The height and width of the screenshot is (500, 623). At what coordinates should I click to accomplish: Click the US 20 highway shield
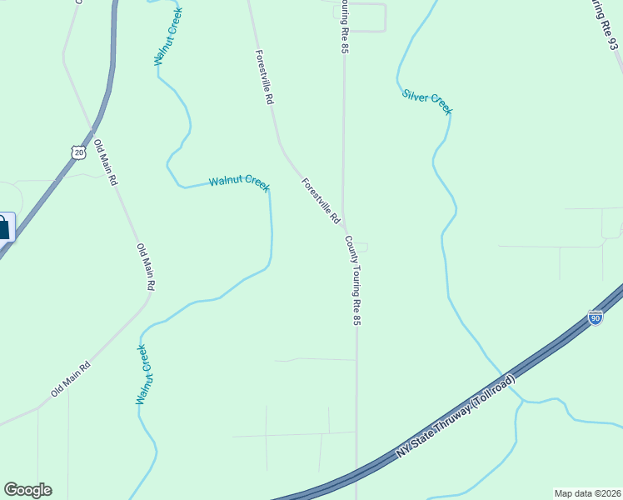[77, 152]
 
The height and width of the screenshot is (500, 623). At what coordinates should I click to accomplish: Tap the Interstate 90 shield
[594, 317]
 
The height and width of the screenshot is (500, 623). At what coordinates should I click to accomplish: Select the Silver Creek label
[426, 102]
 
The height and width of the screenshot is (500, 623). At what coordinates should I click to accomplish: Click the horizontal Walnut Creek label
[239, 182]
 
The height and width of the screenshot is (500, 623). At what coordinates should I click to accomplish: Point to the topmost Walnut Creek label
[167, 37]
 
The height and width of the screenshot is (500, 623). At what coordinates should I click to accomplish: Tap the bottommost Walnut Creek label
[143, 374]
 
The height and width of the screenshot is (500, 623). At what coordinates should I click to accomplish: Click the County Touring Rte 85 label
[354, 280]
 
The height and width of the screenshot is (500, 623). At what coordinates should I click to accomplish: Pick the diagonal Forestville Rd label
[321, 201]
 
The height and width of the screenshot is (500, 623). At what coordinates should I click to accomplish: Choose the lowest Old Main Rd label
[71, 378]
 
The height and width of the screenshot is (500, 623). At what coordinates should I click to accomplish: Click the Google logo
[27, 490]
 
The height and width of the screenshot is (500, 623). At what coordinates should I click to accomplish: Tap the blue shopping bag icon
[4, 227]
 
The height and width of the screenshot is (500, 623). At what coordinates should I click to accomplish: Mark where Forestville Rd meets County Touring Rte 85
[344, 227]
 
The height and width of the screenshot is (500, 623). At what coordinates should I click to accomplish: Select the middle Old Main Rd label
[146, 267]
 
